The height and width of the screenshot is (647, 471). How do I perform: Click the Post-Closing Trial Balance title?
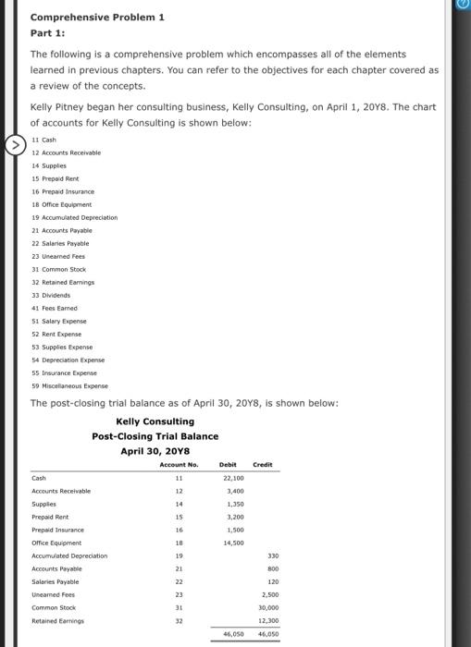(155, 436)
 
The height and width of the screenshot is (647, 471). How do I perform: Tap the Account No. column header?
(180, 464)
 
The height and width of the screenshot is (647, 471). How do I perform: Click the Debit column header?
(229, 464)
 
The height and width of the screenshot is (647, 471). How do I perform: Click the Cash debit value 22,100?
(233, 478)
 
